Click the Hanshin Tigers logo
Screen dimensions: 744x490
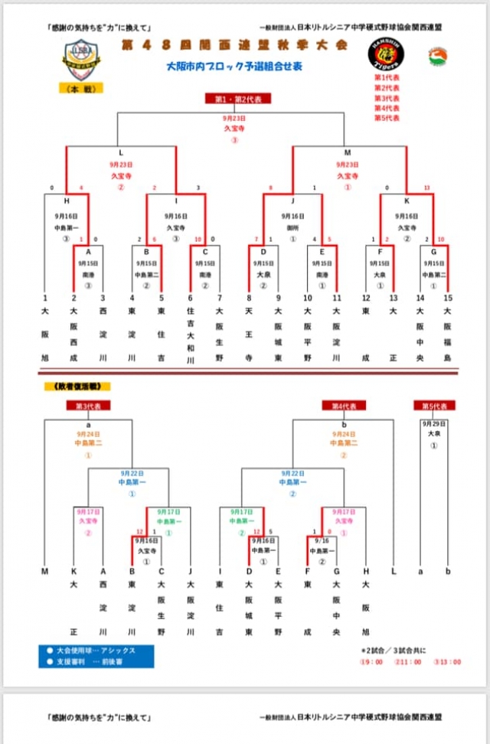(x=398, y=55)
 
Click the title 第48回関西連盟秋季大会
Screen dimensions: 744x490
(x=234, y=45)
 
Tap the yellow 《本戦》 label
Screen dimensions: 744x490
(x=81, y=89)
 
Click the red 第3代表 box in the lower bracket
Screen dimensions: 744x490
(x=88, y=406)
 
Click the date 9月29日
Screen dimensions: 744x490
(x=433, y=423)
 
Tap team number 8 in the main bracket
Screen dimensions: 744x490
(x=249, y=298)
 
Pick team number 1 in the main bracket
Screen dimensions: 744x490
(x=45, y=298)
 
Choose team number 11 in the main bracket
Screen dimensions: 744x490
(x=336, y=298)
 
